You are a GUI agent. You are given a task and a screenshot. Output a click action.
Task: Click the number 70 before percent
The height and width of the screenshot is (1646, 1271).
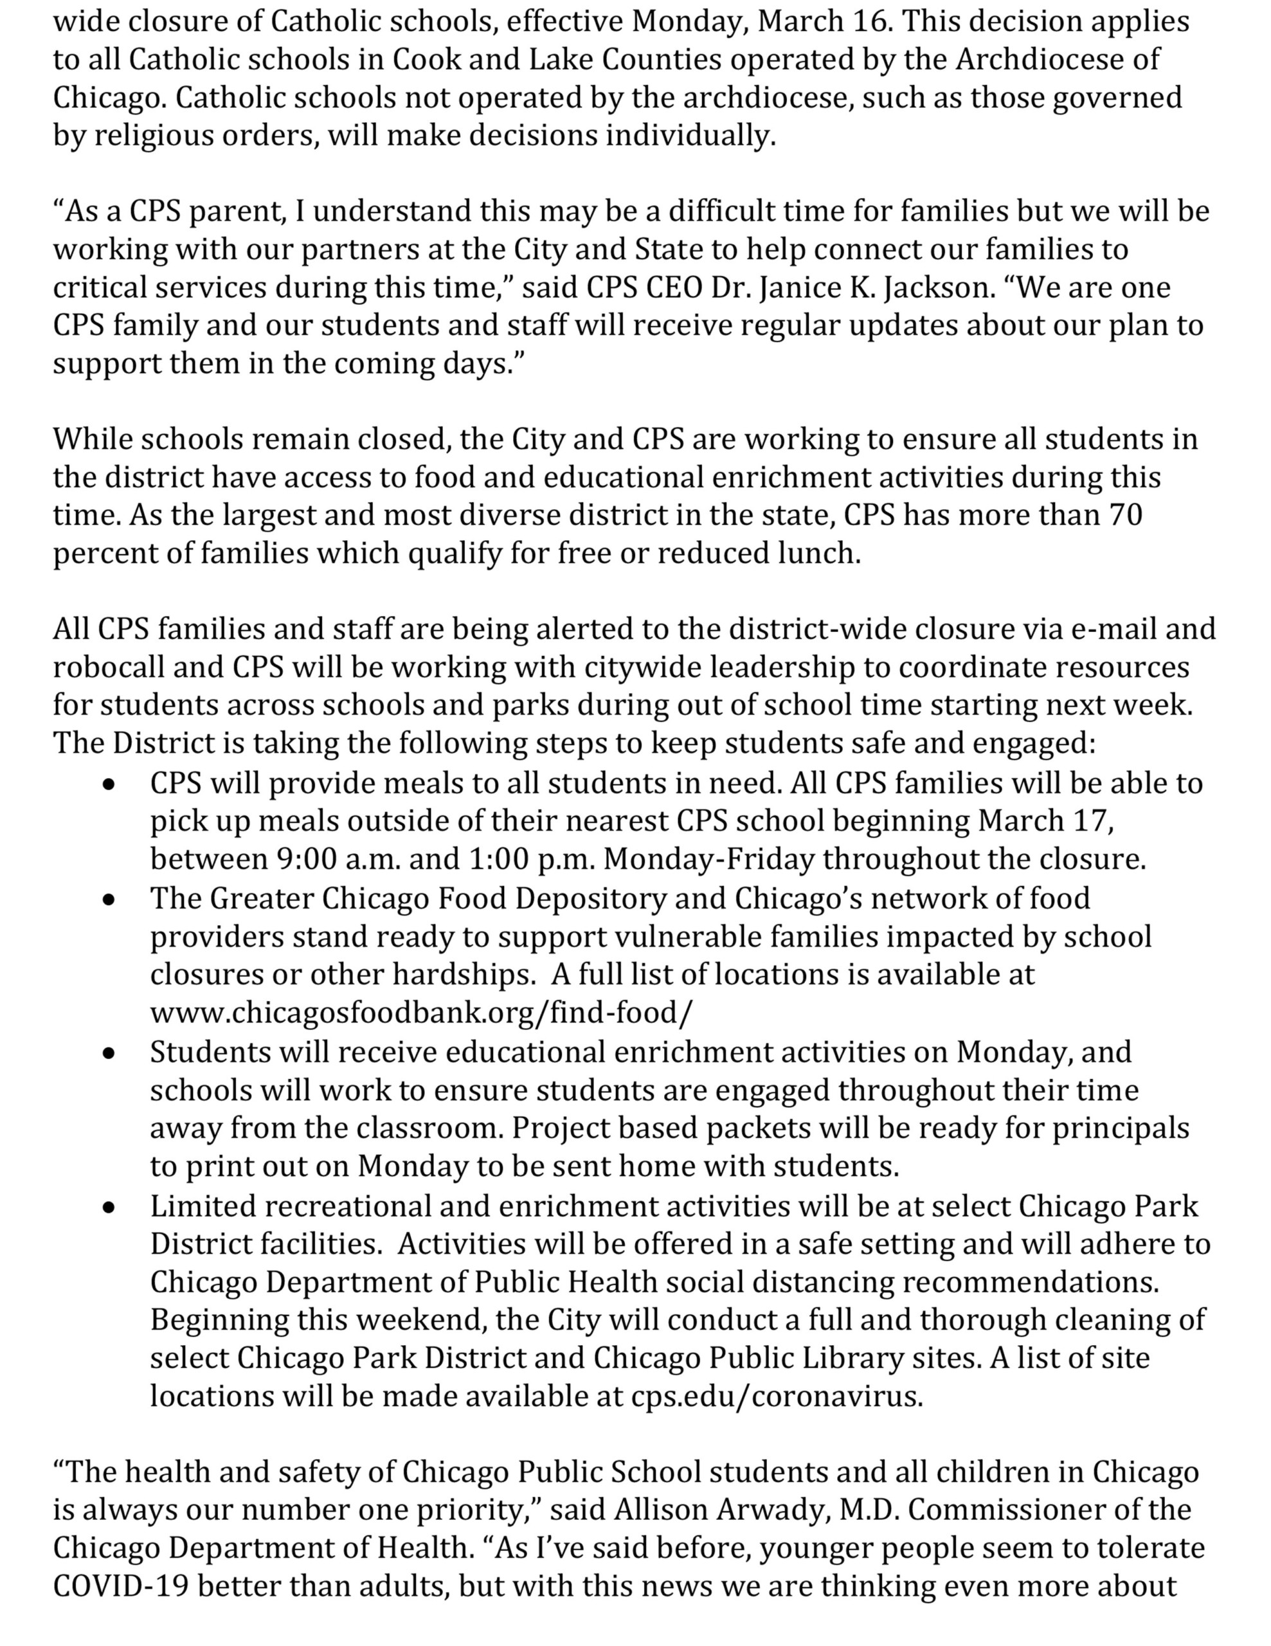click(1126, 516)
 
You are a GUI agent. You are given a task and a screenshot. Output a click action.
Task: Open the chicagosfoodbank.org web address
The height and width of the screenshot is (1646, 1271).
click(420, 1013)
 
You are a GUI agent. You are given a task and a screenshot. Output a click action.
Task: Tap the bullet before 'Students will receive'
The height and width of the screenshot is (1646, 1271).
click(110, 1054)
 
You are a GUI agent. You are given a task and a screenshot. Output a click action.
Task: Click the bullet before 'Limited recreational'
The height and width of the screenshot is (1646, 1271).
click(110, 1207)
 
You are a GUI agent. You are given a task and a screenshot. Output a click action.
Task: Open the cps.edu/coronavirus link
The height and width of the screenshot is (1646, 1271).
click(776, 1397)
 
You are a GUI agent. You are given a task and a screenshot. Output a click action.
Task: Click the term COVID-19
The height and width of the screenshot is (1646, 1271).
click(121, 1586)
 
